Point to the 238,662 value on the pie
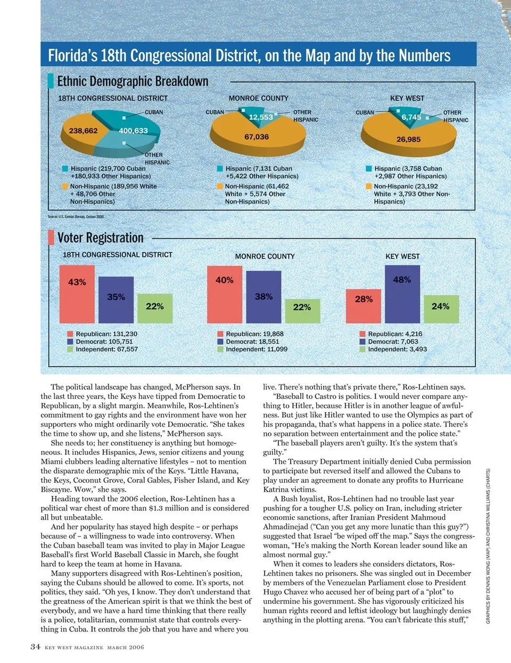click(84, 131)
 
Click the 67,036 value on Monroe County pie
click(257, 137)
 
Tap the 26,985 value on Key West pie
click(408, 139)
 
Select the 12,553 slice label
click(261, 117)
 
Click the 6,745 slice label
click(411, 117)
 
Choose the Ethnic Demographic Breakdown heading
click(133, 81)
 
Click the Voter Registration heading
click(100, 238)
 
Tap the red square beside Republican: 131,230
click(70, 334)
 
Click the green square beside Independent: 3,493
click(362, 349)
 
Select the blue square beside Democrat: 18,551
click(220, 342)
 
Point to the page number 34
click(35, 647)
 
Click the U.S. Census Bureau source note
click(76, 217)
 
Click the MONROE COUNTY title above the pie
click(258, 98)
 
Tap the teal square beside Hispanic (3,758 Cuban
click(368, 169)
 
